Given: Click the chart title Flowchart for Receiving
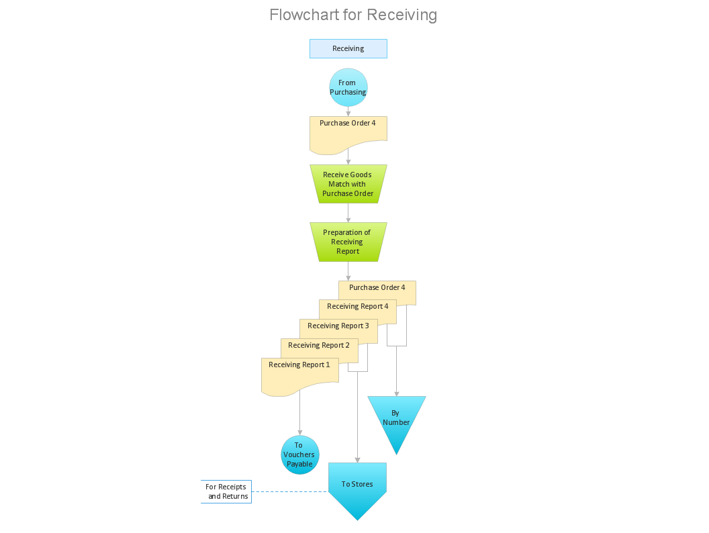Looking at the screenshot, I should [353, 15].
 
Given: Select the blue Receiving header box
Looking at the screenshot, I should [348, 48].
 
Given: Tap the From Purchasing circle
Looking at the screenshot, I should [348, 87].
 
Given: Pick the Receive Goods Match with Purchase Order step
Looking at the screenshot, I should [348, 184].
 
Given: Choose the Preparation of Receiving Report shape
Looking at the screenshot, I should [348, 242].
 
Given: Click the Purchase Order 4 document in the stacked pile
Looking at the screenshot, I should [377, 288].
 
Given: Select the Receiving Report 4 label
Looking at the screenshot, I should [357, 307].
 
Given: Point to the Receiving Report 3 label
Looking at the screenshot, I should [338, 326].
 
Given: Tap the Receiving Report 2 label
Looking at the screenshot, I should [318, 346].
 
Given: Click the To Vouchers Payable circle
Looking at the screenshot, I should [299, 454].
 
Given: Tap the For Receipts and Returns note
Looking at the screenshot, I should [227, 491].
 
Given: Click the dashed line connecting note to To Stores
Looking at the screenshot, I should [289, 491].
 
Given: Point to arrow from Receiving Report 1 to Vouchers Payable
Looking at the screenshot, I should [299, 413].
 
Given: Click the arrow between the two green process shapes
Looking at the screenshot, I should [348, 213].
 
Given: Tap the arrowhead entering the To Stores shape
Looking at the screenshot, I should [357, 460].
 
